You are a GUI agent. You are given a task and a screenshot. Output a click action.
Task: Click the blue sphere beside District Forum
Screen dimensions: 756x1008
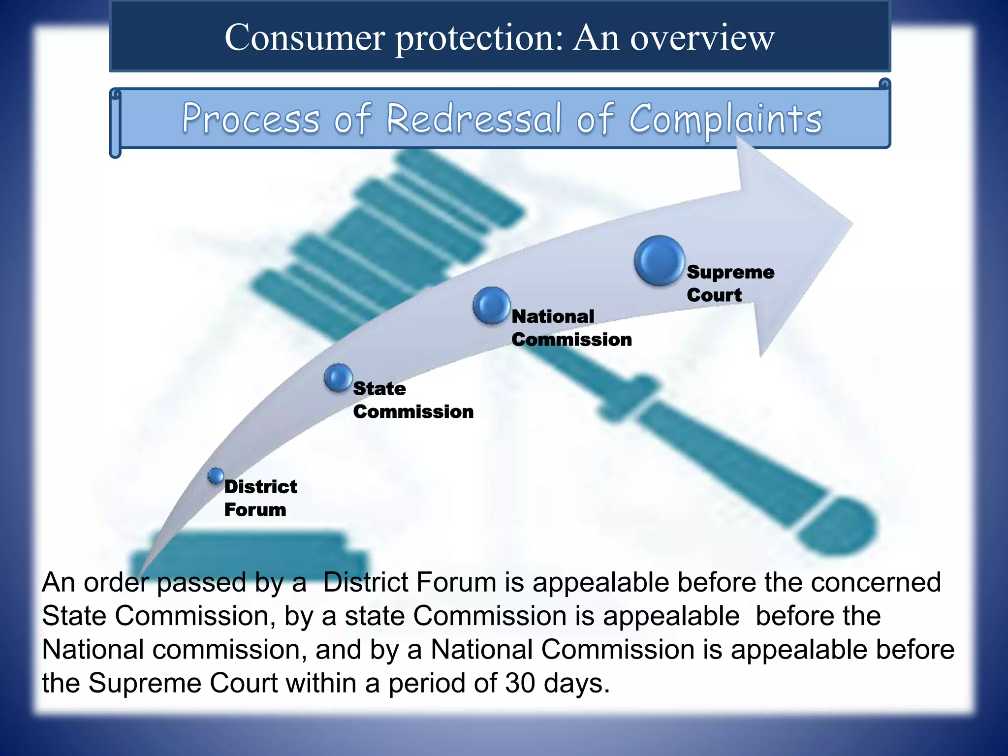click(x=216, y=475)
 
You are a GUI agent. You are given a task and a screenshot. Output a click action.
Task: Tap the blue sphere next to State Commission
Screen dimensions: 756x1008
click(x=338, y=378)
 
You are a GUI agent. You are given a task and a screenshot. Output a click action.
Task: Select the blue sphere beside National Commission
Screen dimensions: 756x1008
click(x=491, y=306)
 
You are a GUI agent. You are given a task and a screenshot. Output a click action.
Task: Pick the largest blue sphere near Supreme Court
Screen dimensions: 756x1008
click(x=659, y=261)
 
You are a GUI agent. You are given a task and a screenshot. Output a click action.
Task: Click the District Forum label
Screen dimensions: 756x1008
click(x=260, y=498)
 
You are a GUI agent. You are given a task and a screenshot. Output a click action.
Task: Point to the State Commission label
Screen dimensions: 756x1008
click(x=412, y=400)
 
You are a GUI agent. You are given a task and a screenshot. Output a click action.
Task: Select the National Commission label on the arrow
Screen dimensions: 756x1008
click(x=571, y=328)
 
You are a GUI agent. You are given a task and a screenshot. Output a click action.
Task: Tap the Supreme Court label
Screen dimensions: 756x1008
click(x=730, y=283)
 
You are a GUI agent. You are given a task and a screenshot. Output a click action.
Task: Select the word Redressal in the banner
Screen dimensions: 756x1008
click(x=473, y=119)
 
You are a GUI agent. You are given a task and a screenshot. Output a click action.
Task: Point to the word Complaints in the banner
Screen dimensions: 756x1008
click(x=725, y=120)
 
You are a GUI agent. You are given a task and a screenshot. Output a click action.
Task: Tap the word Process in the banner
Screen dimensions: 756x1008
click(x=251, y=119)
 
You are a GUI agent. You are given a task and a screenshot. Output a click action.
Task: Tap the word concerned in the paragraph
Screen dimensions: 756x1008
click(x=876, y=583)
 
